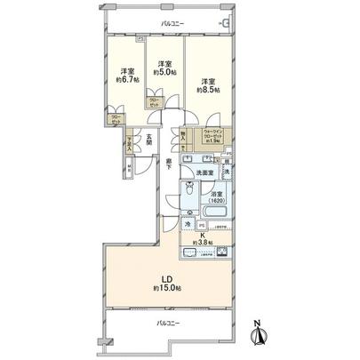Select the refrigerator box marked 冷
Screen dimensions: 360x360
pos(188,225)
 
